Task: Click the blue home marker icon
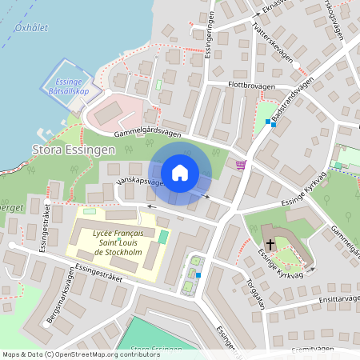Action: [x=180, y=172]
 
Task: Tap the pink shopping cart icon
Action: [x=241, y=165]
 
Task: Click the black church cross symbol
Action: [x=270, y=244]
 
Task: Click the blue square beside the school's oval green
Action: [x=198, y=275]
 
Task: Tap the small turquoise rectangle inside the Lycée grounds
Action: [x=163, y=237]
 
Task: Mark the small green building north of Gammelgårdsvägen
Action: [x=158, y=84]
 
